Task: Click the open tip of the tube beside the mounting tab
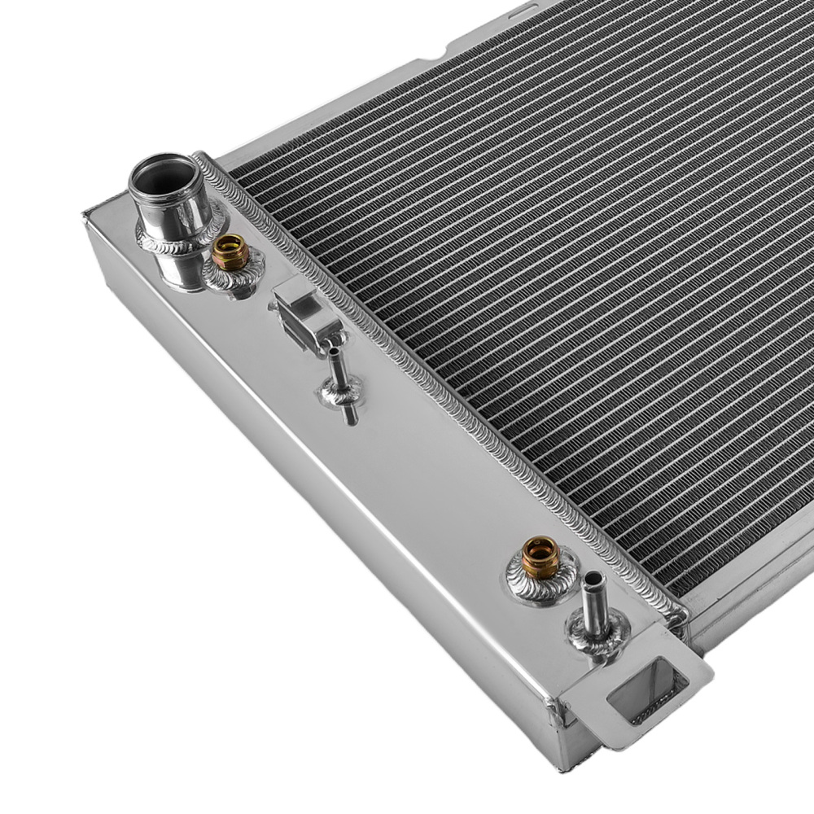[x=593, y=580]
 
